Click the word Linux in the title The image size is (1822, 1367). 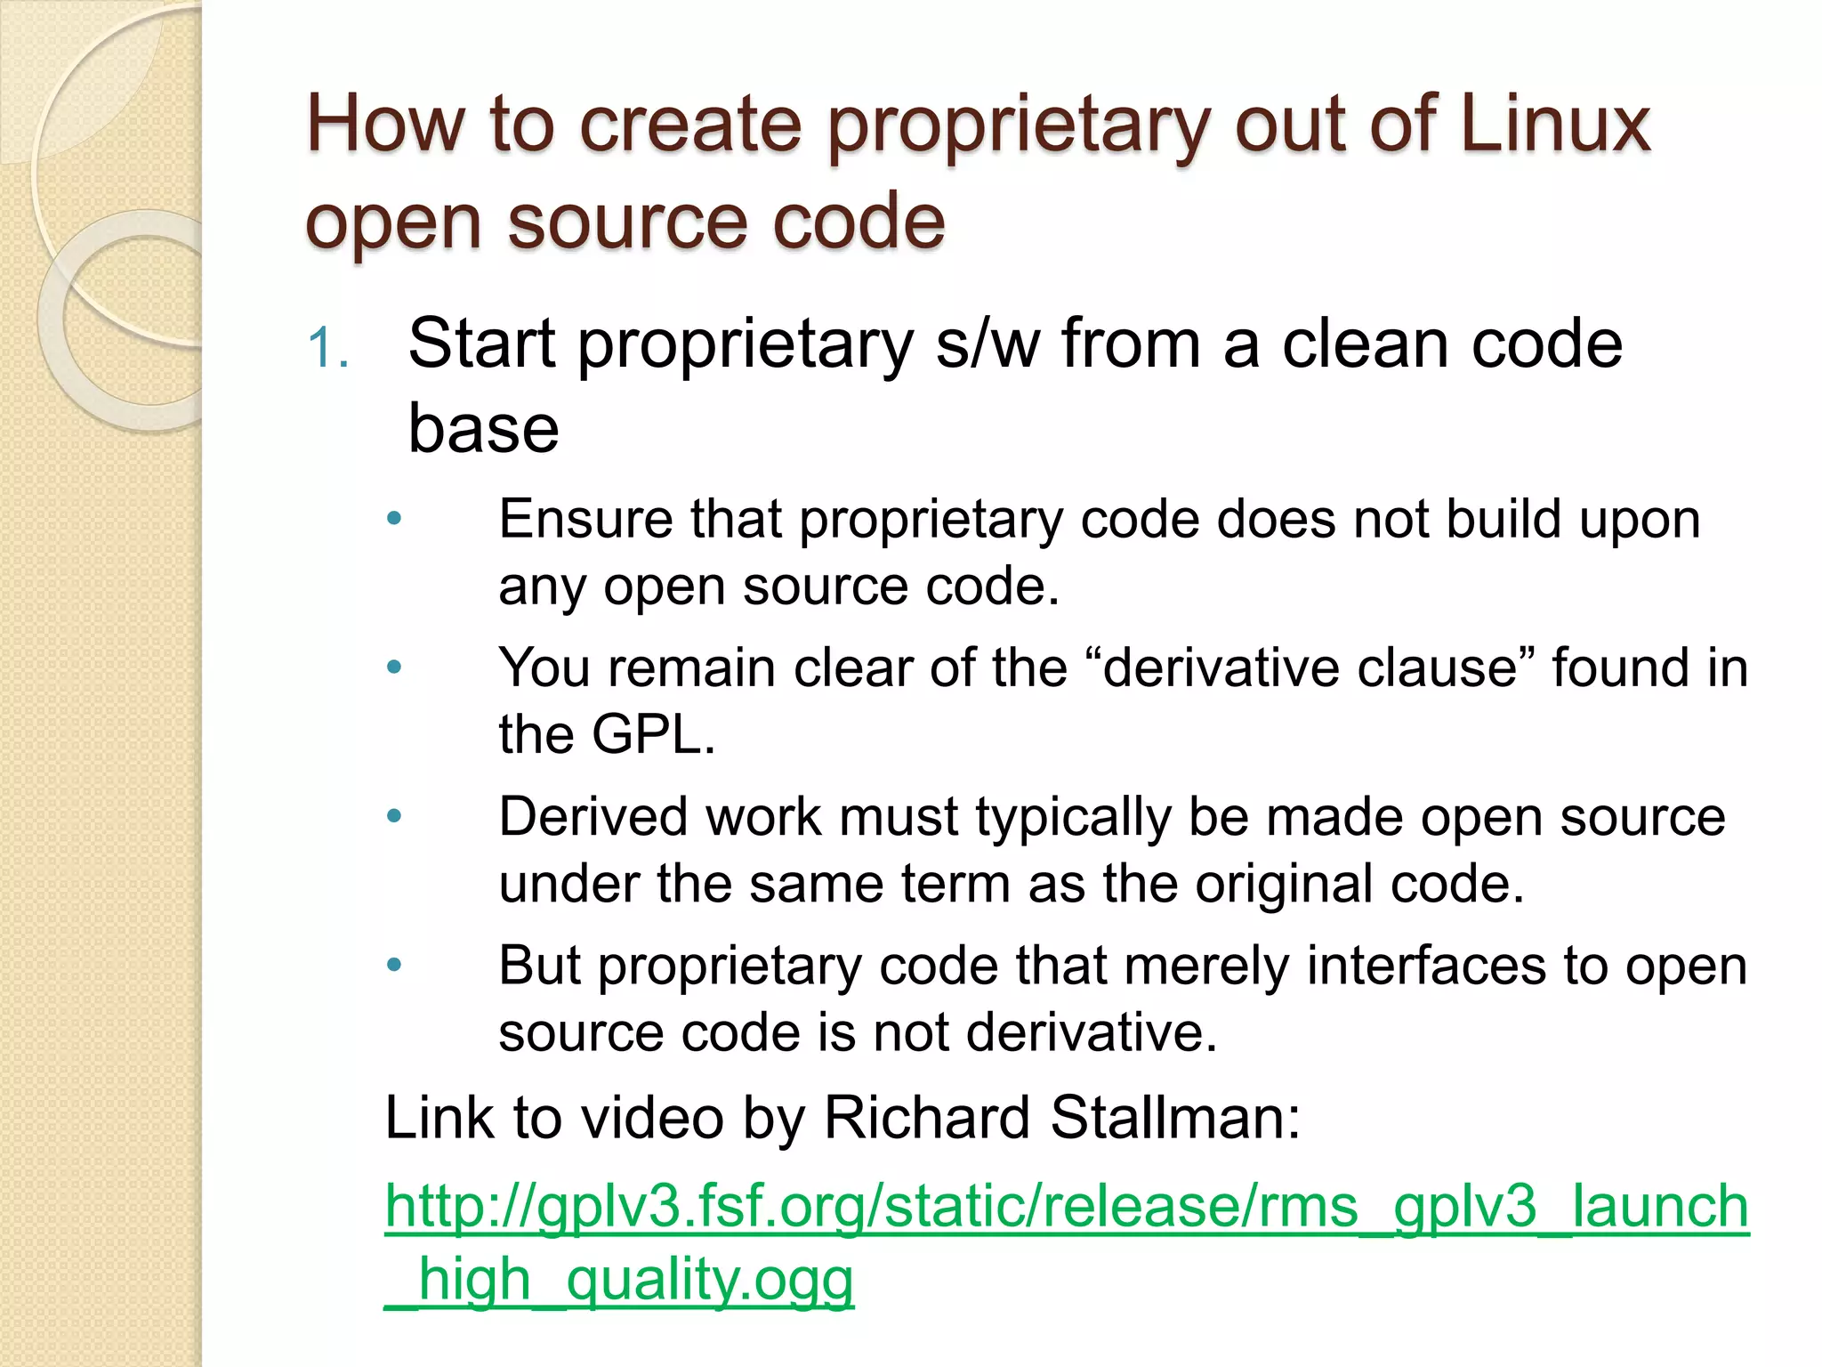pos(1555,125)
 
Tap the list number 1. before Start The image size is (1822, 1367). pos(327,348)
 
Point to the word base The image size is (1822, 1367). pos(483,429)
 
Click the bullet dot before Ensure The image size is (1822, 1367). pos(395,519)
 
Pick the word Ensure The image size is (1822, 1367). pos(585,519)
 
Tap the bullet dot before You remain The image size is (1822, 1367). pos(395,667)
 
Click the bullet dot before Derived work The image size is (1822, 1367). pos(395,816)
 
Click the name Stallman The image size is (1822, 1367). pos(1174,1118)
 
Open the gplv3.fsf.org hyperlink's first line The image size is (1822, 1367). pos(1067,1208)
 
